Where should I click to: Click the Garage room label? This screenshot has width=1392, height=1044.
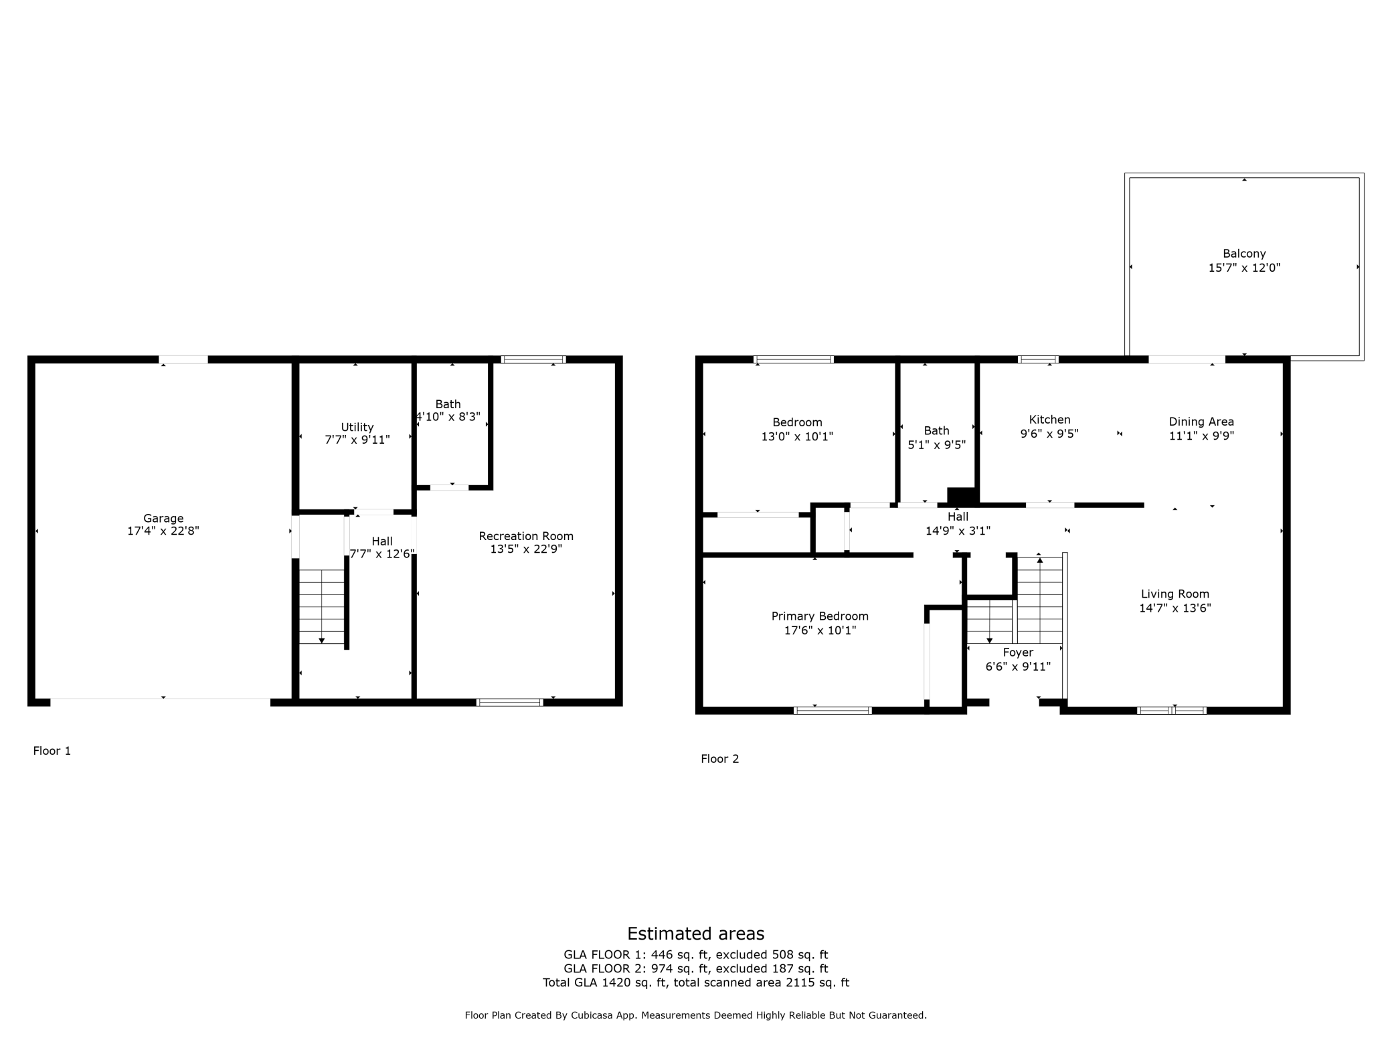click(x=163, y=518)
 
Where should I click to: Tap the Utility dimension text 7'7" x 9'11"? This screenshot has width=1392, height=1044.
click(x=357, y=440)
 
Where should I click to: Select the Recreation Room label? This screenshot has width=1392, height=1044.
click(x=525, y=536)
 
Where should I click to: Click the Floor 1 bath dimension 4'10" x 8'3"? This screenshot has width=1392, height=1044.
click(x=448, y=417)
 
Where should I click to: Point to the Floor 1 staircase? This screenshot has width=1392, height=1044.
click(x=321, y=606)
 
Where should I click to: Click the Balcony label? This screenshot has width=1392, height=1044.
click(x=1243, y=254)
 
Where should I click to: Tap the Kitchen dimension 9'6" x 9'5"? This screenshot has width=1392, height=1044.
click(x=1049, y=434)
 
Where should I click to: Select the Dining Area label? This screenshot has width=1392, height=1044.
click(x=1201, y=422)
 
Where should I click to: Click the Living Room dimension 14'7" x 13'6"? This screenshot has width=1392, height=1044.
click(x=1174, y=608)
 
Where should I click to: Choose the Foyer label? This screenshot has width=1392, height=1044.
click(x=1017, y=652)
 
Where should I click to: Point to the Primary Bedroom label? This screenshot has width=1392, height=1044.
click(x=819, y=616)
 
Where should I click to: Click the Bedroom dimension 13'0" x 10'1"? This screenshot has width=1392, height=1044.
click(x=796, y=437)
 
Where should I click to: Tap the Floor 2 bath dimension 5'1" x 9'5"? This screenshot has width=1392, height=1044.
click(x=936, y=445)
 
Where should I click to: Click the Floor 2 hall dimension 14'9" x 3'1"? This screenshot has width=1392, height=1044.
click(x=957, y=531)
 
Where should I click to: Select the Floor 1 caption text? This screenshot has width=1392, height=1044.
click(x=52, y=751)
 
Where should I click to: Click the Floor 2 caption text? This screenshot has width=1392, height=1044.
click(x=719, y=759)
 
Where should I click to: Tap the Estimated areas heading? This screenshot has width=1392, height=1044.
click(x=695, y=934)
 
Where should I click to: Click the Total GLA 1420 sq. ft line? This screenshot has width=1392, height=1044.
click(x=695, y=982)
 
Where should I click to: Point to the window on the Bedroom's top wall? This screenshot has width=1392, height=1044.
click(x=793, y=359)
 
